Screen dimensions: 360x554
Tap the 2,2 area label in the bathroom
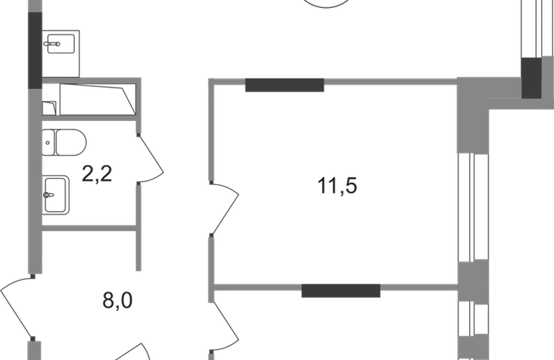click(98, 174)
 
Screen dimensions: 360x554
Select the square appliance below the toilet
click(58, 194)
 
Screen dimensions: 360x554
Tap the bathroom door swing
click(153, 162)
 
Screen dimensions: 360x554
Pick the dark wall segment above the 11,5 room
click(285, 86)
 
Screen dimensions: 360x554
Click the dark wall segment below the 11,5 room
click(340, 292)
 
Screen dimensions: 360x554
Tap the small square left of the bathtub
click(50, 107)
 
